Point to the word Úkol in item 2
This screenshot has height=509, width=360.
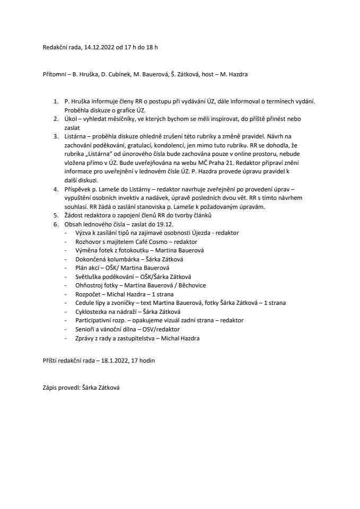tap(71, 119)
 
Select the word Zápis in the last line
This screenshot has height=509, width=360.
tap(51, 388)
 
